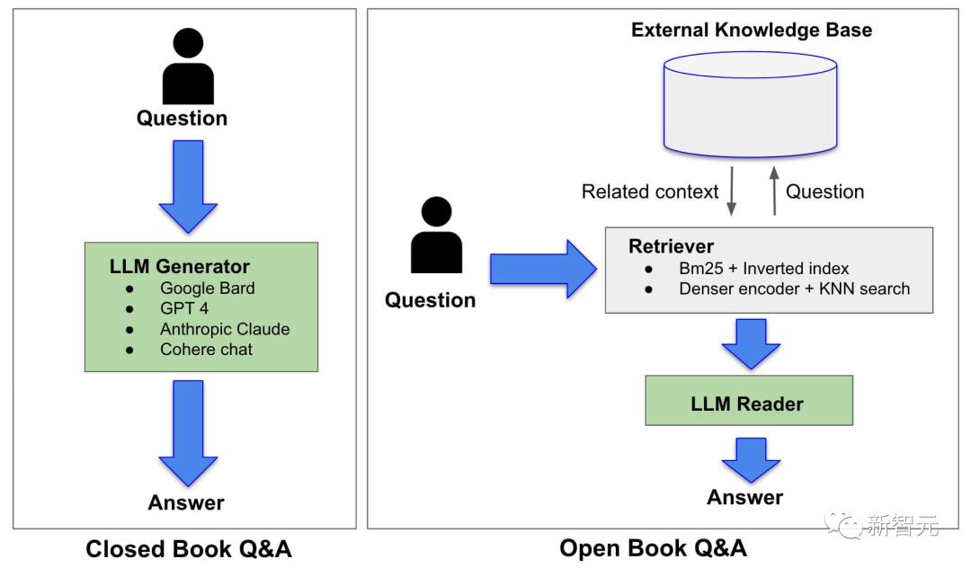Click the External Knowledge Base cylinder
(x=750, y=104)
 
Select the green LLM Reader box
(x=749, y=400)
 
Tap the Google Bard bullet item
(x=207, y=288)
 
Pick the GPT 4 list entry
(x=184, y=308)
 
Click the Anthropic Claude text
(x=225, y=329)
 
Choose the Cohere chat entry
(x=206, y=350)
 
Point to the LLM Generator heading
(x=180, y=266)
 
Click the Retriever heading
(x=671, y=246)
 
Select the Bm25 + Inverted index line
(x=763, y=269)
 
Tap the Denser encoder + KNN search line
(x=795, y=289)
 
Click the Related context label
(x=650, y=191)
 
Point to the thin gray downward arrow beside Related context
(x=731, y=191)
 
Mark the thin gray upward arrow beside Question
(x=774, y=191)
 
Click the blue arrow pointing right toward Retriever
(x=543, y=269)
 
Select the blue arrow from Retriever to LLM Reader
(x=751, y=344)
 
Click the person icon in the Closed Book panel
(x=188, y=67)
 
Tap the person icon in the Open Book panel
(x=437, y=235)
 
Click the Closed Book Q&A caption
(x=188, y=549)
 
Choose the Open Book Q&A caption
(x=653, y=548)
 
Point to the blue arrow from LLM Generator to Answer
(x=188, y=433)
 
